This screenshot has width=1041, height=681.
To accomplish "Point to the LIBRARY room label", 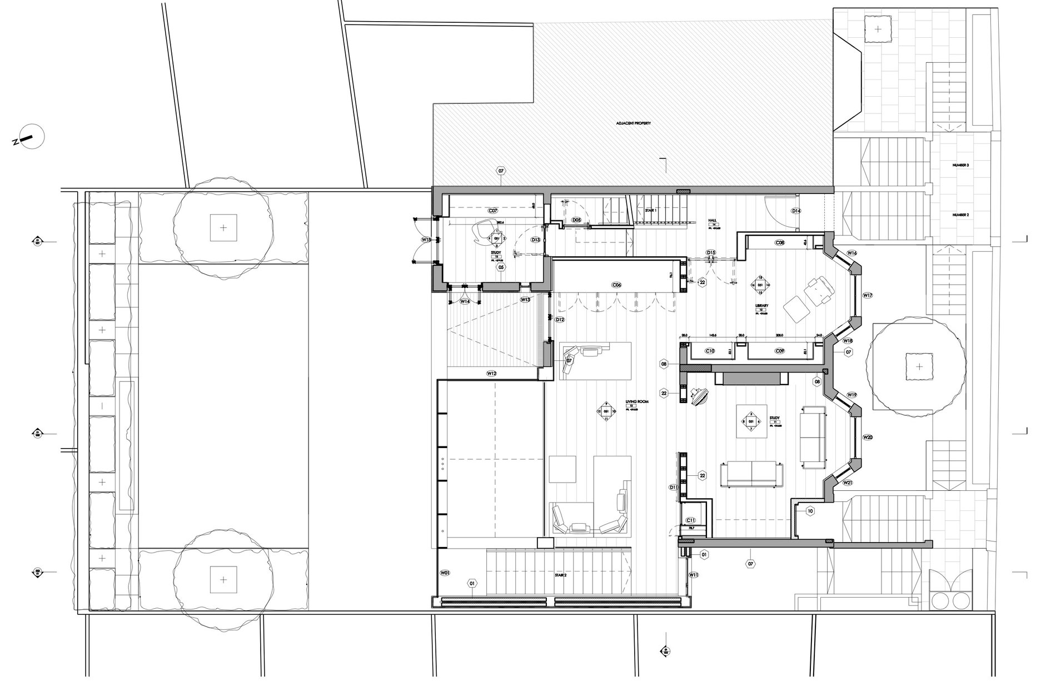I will click(x=761, y=306).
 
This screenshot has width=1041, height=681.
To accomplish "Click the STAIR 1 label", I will click(x=651, y=211).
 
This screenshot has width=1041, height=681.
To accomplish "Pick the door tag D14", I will click(x=796, y=211).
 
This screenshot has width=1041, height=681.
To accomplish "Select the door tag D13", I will click(x=536, y=240).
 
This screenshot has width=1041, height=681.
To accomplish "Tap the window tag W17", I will click(x=868, y=295).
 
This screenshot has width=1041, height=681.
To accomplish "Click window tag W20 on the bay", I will click(x=868, y=438).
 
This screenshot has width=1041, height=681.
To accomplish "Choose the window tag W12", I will click(x=491, y=374).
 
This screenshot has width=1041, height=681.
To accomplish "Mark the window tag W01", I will click(x=445, y=573).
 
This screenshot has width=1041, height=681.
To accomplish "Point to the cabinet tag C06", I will click(x=616, y=285).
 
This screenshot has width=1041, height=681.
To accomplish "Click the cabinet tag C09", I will click(x=780, y=351).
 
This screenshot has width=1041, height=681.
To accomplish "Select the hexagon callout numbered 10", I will click(x=810, y=511).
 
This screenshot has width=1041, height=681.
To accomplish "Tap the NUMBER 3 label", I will click(x=960, y=166).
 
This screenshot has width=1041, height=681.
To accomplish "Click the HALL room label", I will click(x=712, y=220).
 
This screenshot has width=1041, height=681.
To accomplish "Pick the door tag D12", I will click(x=560, y=320).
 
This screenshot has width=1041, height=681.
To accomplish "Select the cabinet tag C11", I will click(x=691, y=520).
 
